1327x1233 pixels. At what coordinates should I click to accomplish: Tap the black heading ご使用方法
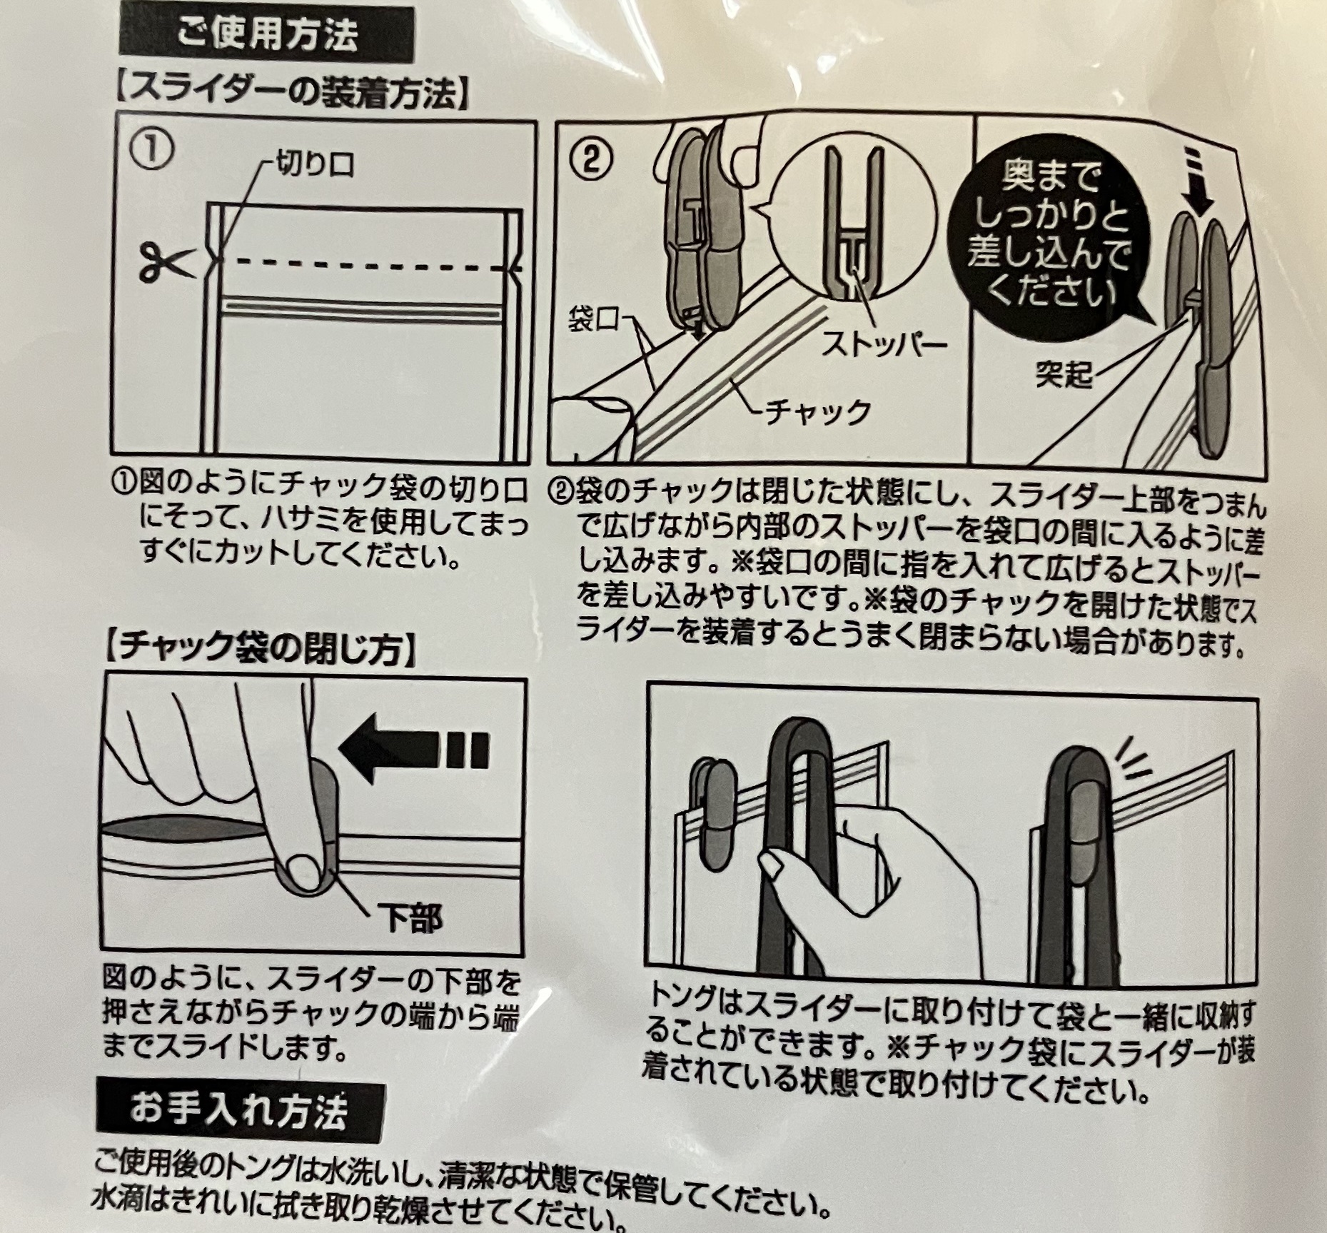[x=266, y=34]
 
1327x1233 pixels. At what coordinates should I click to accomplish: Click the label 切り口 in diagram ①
[x=315, y=165]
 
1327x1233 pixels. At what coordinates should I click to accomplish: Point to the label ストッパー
[x=884, y=345]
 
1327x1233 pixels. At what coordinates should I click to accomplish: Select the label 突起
[x=1064, y=375]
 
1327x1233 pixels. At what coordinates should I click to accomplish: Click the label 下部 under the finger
[x=413, y=918]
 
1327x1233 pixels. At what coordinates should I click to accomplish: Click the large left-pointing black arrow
[x=414, y=751]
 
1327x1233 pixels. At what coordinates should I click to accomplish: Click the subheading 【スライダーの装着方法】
[x=291, y=94]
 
